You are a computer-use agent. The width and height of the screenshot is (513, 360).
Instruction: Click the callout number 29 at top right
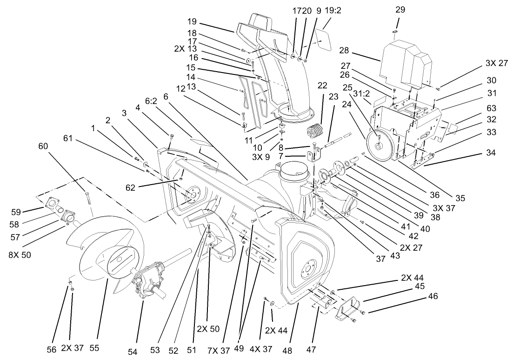tap(400, 9)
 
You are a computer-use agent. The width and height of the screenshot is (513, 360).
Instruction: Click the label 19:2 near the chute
tap(333, 10)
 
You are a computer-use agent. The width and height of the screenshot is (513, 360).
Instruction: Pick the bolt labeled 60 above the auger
tap(87, 198)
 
